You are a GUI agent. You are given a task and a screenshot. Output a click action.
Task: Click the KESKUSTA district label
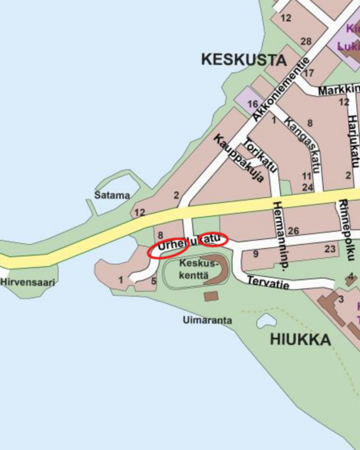click(244, 59)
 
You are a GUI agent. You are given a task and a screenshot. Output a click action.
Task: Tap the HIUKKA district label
click(300, 340)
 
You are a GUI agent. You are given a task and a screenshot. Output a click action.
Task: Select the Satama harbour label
click(112, 195)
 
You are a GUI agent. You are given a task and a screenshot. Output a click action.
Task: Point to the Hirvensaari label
click(28, 283)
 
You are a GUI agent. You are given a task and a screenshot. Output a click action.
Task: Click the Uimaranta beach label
click(207, 320)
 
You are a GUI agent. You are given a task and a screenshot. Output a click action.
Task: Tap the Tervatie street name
click(268, 281)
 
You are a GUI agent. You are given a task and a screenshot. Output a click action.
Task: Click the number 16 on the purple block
click(252, 104)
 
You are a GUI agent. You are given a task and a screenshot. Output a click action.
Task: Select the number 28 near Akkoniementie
click(306, 41)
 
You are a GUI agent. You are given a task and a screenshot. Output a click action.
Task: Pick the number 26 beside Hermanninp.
click(293, 231)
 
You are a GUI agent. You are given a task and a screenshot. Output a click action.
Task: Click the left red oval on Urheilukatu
click(168, 249)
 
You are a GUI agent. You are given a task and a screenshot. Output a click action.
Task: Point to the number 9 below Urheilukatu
click(255, 254)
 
